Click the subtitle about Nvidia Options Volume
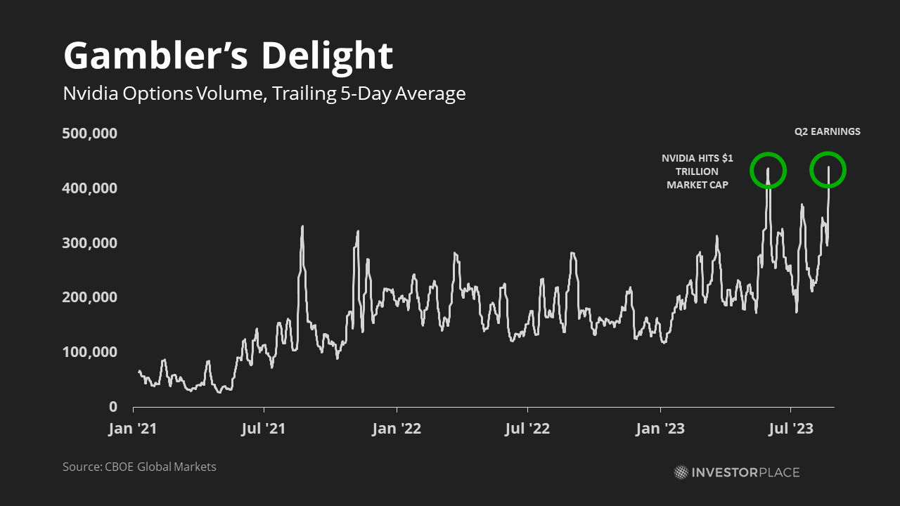pos(264,93)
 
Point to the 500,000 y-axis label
pos(90,134)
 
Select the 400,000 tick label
pos(90,188)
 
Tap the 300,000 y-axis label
pos(90,243)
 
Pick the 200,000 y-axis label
pos(90,297)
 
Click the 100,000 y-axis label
pos(90,352)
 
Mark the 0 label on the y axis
pos(112,407)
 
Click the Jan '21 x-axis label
pos(132,428)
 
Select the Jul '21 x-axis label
pos(264,428)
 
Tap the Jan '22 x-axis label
pos(397,428)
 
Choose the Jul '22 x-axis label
pos(527,428)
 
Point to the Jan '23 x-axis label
pos(661,428)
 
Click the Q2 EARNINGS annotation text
pos(828,131)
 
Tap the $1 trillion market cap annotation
pos(697,171)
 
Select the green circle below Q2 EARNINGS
pos(828,170)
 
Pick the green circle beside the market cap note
pos(768,170)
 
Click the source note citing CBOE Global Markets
pos(139,467)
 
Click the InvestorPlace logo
pos(737,472)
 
